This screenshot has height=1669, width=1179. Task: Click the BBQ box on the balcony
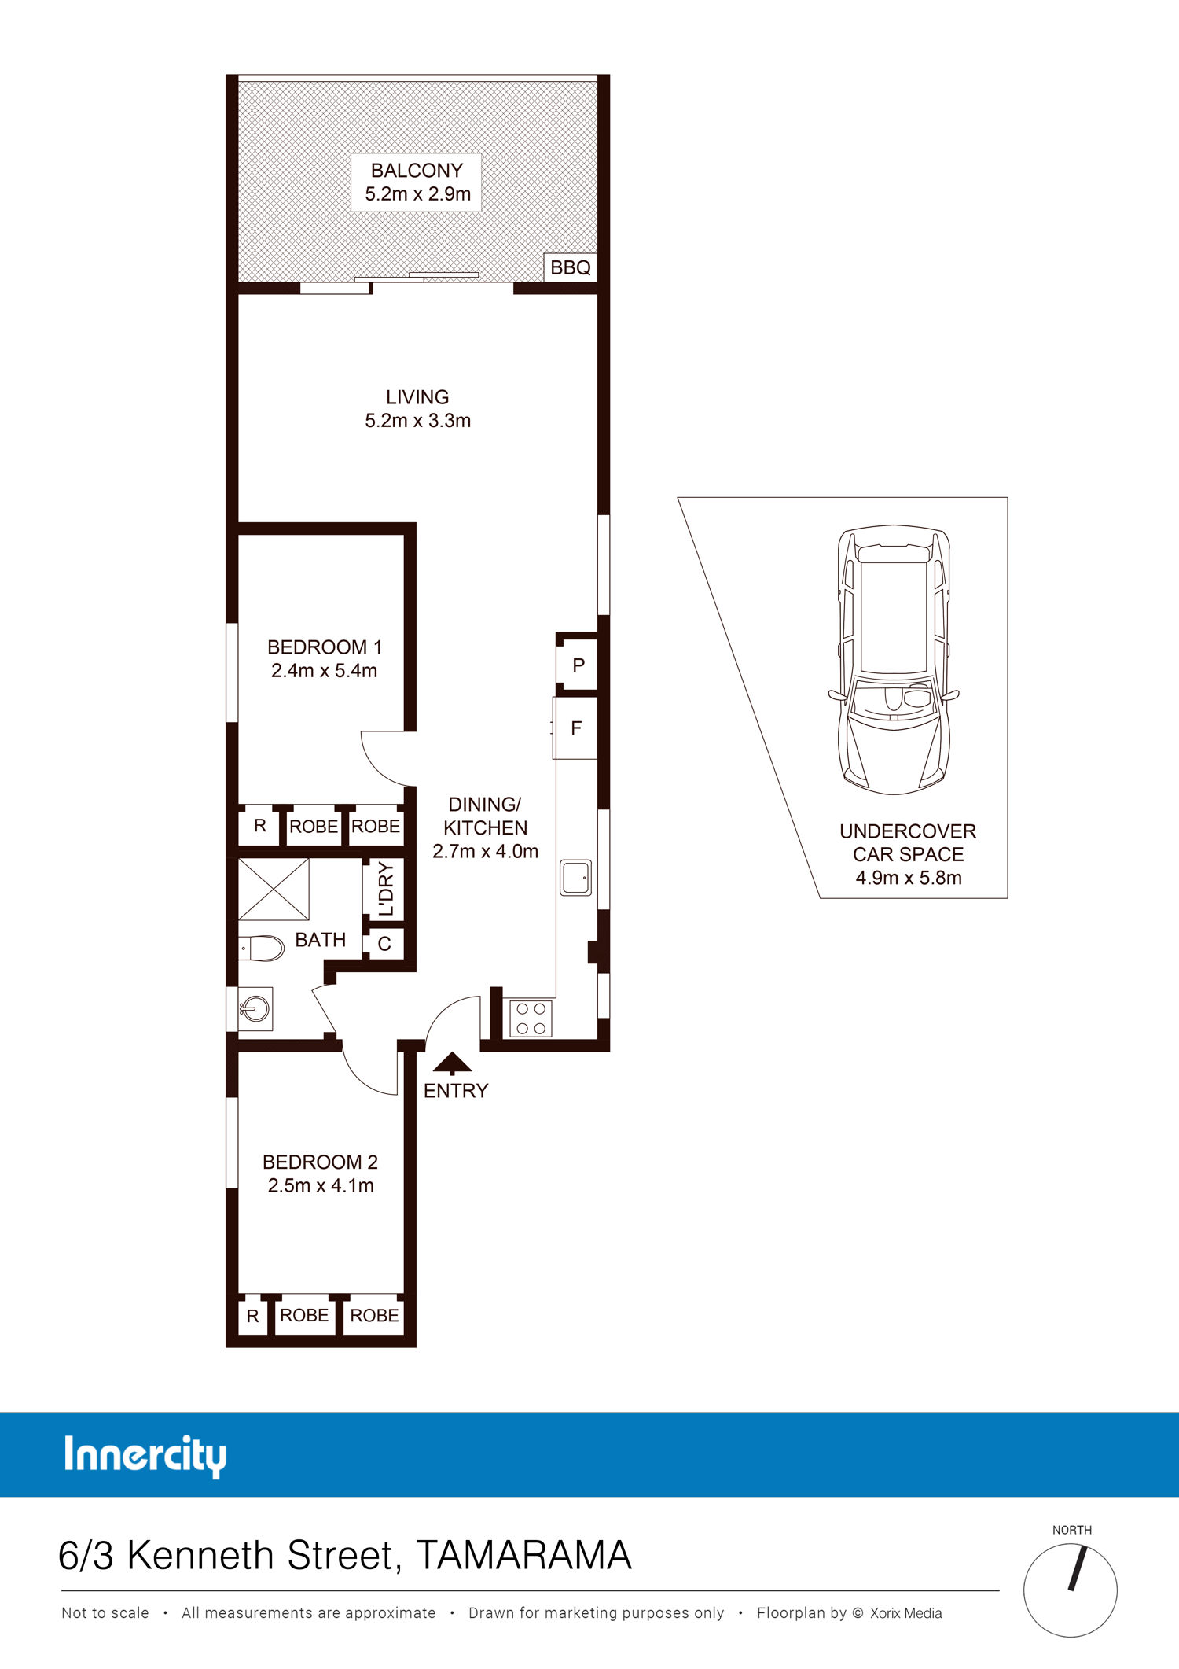click(x=571, y=267)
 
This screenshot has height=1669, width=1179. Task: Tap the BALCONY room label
click(x=417, y=170)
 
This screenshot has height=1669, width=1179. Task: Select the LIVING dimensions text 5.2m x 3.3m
click(x=417, y=421)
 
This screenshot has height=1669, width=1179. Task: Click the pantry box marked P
click(x=578, y=665)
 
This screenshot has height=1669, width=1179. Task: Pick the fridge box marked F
click(x=575, y=728)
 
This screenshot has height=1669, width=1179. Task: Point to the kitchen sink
click(x=575, y=878)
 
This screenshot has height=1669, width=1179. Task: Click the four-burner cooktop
click(x=531, y=1019)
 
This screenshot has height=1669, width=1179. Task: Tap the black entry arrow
click(x=452, y=1063)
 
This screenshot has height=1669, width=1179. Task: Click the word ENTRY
click(x=456, y=1091)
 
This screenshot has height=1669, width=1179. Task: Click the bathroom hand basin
click(x=255, y=1008)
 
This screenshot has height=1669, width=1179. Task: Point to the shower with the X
click(x=274, y=889)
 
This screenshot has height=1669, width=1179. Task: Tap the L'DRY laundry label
click(x=385, y=889)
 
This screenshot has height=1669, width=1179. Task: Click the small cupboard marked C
click(x=384, y=944)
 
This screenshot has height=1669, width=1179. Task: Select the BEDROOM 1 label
click(x=325, y=647)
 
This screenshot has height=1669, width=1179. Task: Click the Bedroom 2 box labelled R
click(x=252, y=1316)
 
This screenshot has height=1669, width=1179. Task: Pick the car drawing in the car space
click(x=894, y=660)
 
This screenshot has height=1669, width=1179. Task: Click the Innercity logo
click(x=145, y=1455)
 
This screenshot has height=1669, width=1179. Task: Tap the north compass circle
click(x=1070, y=1590)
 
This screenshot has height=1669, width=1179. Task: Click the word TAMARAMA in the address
click(x=523, y=1555)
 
